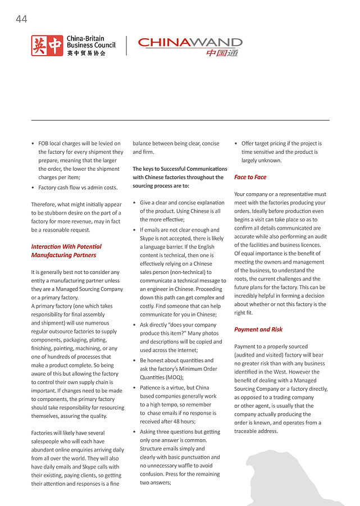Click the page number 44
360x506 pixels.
[21, 20]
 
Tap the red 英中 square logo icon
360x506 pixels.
[47, 46]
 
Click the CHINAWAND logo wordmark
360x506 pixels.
[190, 43]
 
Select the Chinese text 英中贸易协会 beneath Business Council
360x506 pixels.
[86, 53]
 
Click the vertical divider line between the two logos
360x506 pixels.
[126, 46]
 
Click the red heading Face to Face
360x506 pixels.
[250, 177]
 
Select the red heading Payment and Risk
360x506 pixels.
[258, 330]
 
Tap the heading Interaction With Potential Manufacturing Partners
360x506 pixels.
[66, 250]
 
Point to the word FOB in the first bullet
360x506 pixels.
[44, 144]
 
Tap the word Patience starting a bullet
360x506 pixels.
[152, 388]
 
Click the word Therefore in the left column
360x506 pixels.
[45, 204]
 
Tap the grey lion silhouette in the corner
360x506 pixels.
[295, 477]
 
